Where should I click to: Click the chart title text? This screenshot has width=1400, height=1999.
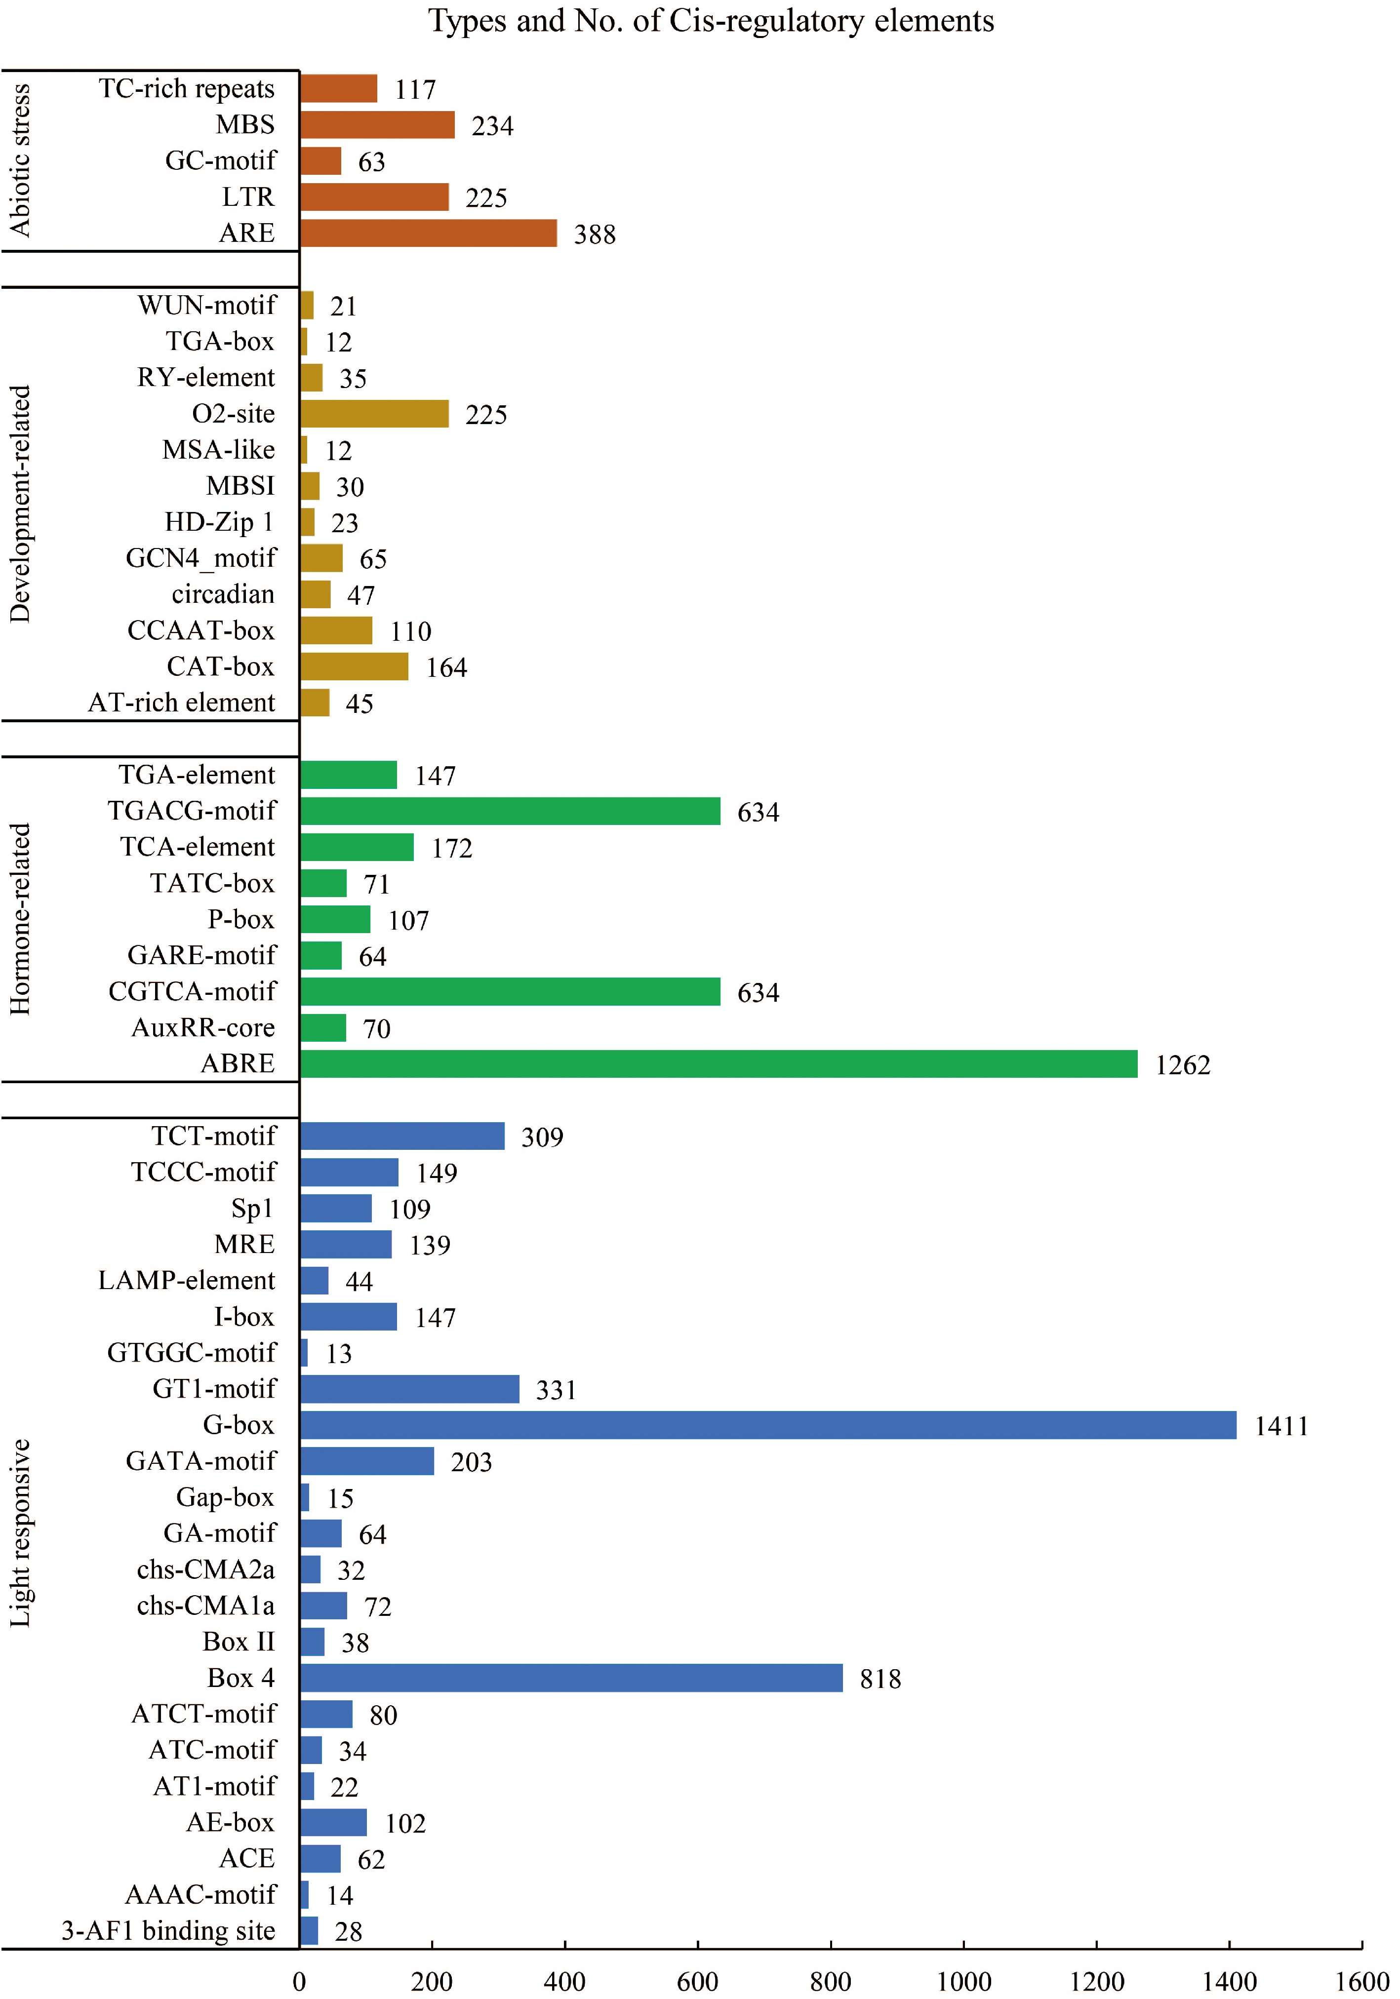(x=711, y=21)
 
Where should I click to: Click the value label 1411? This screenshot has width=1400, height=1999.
(x=1280, y=1426)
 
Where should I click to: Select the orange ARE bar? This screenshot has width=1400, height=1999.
(x=428, y=234)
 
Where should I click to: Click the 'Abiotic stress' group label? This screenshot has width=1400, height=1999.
(x=19, y=160)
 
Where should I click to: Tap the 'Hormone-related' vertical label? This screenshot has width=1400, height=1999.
(x=19, y=918)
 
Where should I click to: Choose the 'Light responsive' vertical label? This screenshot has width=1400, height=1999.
(x=19, y=1532)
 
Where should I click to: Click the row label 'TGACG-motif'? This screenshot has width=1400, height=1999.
(x=192, y=811)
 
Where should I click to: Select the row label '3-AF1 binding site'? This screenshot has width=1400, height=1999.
(x=168, y=1930)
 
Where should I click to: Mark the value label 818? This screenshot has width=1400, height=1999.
(x=880, y=1679)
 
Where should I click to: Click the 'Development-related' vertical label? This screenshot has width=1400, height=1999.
(x=19, y=503)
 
